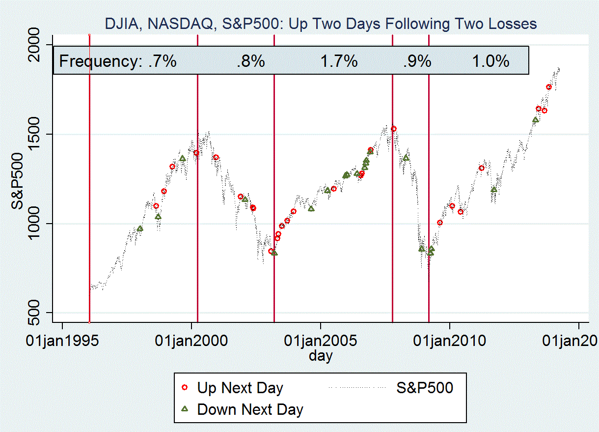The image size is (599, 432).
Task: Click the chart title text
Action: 321,24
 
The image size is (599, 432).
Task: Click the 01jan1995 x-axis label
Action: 62,341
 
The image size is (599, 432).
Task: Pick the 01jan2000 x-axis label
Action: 191,341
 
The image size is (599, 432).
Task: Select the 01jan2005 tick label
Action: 320,341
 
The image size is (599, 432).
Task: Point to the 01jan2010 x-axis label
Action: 449,341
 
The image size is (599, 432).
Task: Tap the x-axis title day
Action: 320,355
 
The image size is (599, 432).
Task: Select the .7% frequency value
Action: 162,61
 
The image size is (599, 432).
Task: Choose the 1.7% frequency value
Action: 339,61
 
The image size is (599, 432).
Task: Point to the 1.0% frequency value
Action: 491,61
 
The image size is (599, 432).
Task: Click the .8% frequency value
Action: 250,61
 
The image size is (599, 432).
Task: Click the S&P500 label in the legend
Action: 425,388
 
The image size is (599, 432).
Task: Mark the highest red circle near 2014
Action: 549,87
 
